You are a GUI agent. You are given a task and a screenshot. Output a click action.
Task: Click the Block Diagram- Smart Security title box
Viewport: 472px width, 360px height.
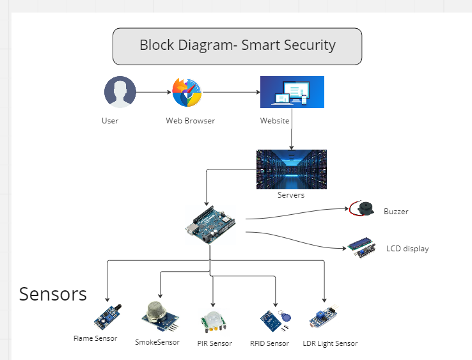[237, 46]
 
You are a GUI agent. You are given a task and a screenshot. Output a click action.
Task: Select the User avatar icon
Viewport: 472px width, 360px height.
[120, 92]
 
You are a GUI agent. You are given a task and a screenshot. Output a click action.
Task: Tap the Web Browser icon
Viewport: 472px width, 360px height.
[187, 93]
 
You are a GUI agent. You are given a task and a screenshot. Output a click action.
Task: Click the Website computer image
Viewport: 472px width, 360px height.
[292, 92]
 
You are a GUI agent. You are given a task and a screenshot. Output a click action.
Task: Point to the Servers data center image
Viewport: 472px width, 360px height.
[291, 169]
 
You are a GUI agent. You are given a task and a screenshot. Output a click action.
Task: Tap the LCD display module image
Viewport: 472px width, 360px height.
[363, 248]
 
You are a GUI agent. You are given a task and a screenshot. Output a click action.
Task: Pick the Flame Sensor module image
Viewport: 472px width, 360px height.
[107, 317]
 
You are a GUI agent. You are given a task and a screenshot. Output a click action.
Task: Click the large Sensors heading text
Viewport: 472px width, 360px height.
[53, 293]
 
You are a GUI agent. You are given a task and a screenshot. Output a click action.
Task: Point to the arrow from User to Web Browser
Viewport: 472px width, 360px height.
[153, 92]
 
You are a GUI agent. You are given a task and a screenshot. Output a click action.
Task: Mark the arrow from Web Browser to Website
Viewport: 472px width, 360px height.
[231, 92]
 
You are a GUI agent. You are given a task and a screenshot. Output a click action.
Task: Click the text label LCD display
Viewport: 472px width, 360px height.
[407, 249]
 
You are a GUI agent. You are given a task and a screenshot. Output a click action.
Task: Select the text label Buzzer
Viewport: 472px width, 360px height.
[396, 211]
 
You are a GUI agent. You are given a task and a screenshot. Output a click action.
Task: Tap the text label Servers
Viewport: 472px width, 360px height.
[291, 195]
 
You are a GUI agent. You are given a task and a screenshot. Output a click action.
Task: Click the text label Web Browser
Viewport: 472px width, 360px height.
[190, 121]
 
